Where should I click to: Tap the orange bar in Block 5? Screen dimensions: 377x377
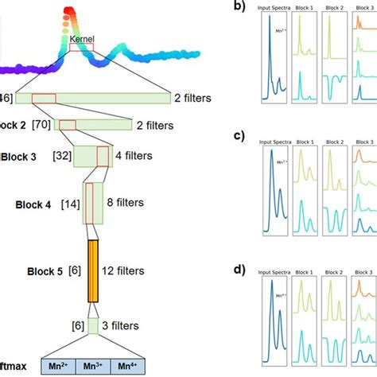click(93, 271)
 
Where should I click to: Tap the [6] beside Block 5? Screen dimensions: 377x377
click(76, 270)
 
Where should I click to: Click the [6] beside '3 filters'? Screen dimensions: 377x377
click(77, 326)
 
